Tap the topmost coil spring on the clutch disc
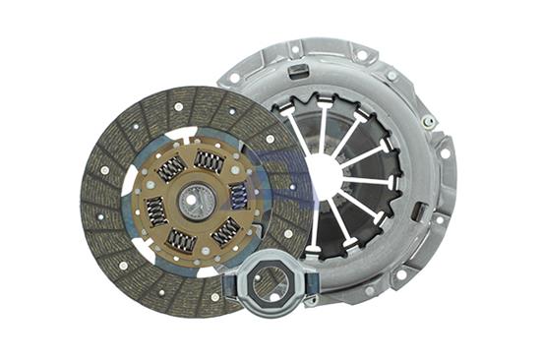(209, 159)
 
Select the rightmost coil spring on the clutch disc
(239, 195)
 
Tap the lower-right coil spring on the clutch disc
(226, 231)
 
